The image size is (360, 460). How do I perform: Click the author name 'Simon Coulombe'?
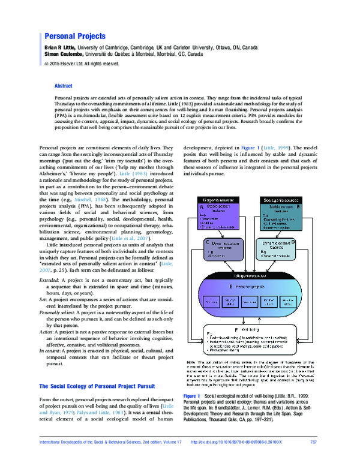65,53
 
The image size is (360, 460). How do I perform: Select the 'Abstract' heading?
64,86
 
